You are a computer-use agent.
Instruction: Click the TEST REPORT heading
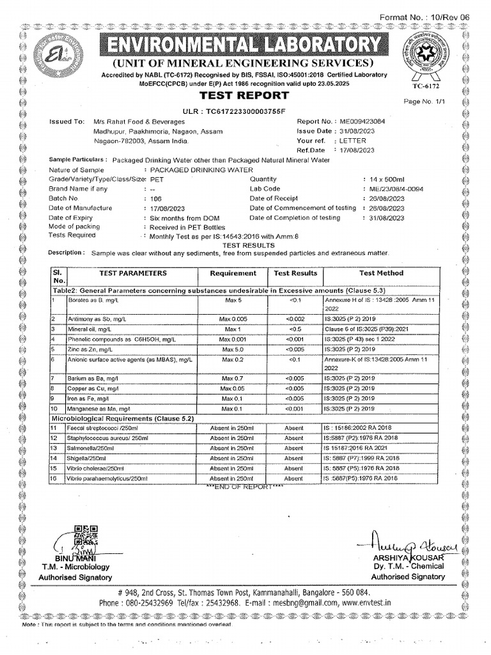coord(245,96)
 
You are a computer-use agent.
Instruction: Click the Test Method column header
coord(381,273)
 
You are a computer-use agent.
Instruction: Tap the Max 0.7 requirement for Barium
coord(233,379)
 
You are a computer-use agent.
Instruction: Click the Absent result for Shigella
coord(294,458)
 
